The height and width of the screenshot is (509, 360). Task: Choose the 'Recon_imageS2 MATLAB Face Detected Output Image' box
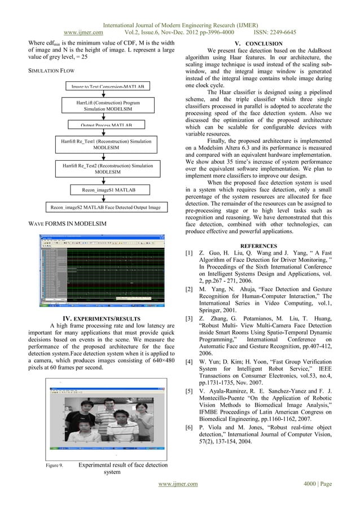point(106,208)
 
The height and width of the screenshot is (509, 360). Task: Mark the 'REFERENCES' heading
point(258,246)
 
